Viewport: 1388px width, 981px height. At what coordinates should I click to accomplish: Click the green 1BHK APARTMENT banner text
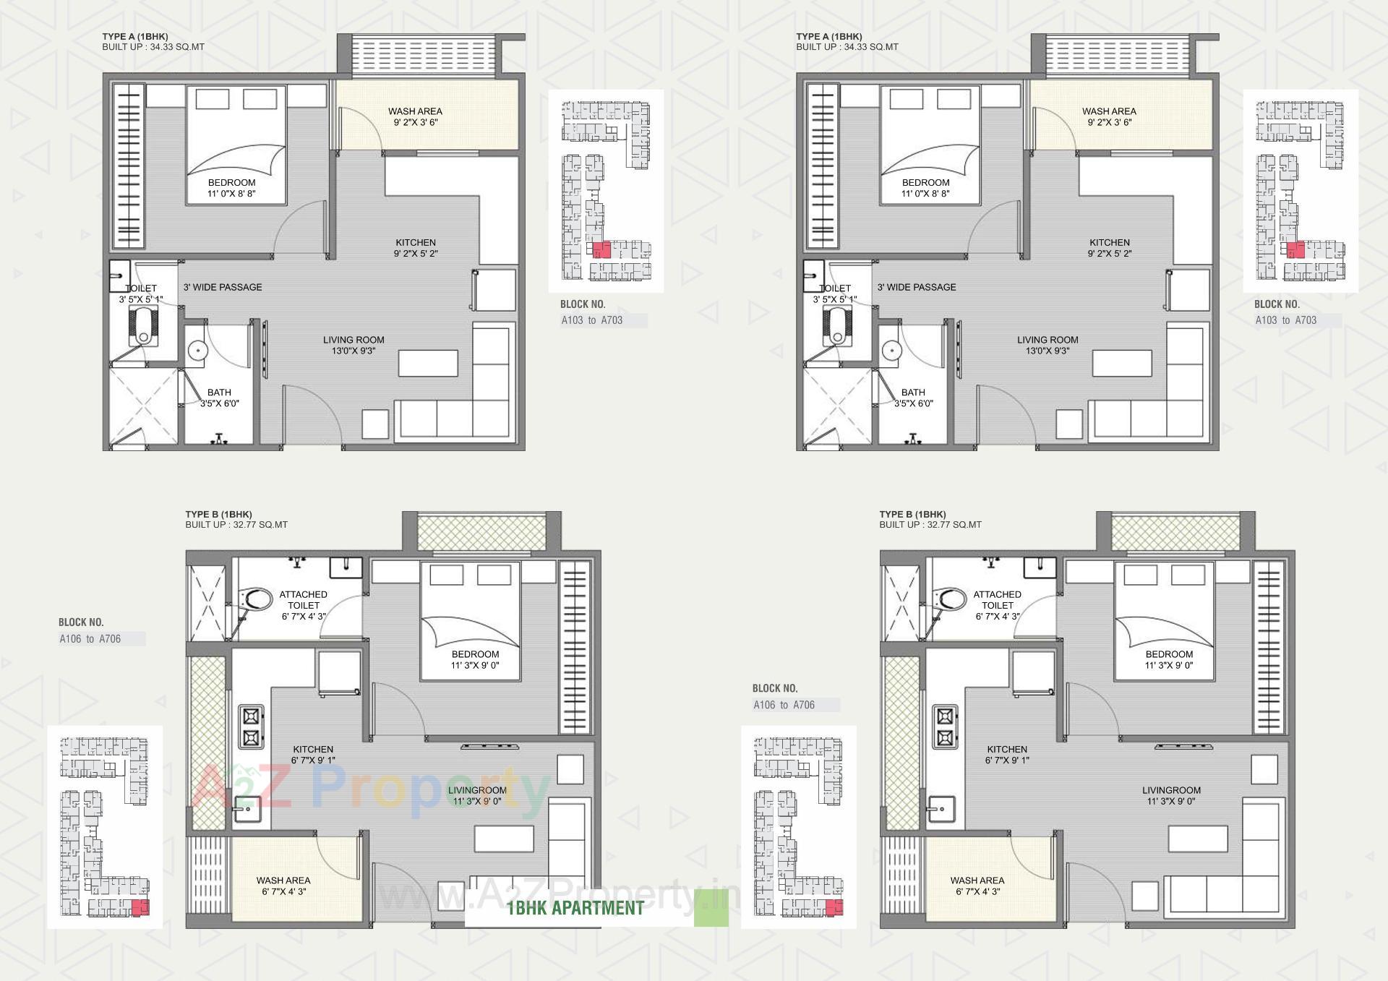pyautogui.click(x=575, y=908)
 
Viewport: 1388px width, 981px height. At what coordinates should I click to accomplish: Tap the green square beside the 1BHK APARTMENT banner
pyautogui.click(x=711, y=908)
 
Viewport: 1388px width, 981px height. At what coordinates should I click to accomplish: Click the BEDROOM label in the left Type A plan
pyautogui.click(x=231, y=188)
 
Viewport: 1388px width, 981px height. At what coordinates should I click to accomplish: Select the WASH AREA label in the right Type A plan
pyautogui.click(x=1109, y=116)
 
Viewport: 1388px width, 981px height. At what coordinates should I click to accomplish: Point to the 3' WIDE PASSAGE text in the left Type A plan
pyautogui.click(x=223, y=287)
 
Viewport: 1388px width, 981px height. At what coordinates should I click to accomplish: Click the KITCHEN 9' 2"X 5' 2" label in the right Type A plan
pyautogui.click(x=1110, y=248)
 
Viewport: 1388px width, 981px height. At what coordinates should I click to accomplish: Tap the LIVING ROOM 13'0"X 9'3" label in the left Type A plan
pyautogui.click(x=354, y=345)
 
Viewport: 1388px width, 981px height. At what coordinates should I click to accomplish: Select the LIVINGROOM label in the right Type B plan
pyautogui.click(x=1171, y=795)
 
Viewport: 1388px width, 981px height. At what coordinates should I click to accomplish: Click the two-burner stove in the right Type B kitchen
pyautogui.click(x=944, y=727)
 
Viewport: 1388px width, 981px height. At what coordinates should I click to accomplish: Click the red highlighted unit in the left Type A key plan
pyautogui.click(x=601, y=250)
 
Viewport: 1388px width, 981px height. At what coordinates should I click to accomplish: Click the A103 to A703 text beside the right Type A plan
pyautogui.click(x=1285, y=320)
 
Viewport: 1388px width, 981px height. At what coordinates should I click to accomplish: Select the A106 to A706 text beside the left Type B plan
pyautogui.click(x=90, y=638)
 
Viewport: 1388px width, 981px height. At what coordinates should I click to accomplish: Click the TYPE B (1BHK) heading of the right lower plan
pyautogui.click(x=912, y=514)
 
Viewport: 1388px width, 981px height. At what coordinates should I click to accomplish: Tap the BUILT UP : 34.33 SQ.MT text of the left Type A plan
pyautogui.click(x=153, y=47)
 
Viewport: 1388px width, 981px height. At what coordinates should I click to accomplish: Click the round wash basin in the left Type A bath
pyautogui.click(x=198, y=351)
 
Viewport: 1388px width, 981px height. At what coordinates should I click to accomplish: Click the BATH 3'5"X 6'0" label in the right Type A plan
pyautogui.click(x=913, y=398)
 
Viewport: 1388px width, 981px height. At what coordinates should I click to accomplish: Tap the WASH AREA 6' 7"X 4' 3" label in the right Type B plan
pyautogui.click(x=977, y=886)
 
